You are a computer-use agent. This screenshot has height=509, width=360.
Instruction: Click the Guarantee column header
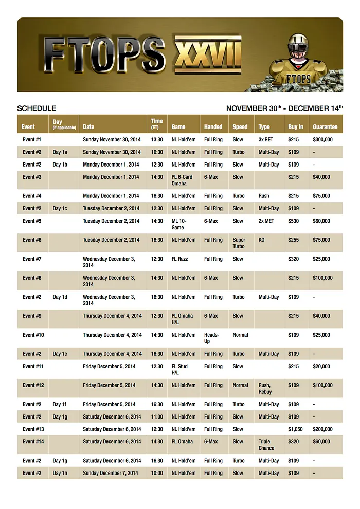click(325, 126)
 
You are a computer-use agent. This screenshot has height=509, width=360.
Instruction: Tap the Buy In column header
click(295, 126)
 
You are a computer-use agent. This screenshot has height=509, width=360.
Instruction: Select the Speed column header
click(240, 126)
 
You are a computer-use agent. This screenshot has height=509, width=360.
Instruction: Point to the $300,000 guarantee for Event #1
click(322, 139)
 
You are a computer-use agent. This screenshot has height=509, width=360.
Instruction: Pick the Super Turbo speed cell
click(239, 243)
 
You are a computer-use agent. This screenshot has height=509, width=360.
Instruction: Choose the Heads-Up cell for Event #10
click(211, 338)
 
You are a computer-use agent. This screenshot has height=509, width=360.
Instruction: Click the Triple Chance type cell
click(266, 445)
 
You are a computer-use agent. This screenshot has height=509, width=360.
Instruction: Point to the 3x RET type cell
click(266, 139)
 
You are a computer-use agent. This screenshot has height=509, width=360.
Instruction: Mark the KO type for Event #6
click(262, 240)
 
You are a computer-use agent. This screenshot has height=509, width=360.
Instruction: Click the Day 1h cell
click(60, 473)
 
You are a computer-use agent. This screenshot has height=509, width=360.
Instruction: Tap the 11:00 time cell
click(156, 417)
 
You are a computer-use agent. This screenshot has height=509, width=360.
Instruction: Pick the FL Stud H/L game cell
click(181, 370)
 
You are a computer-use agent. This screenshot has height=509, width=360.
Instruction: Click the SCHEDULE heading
click(37, 108)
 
